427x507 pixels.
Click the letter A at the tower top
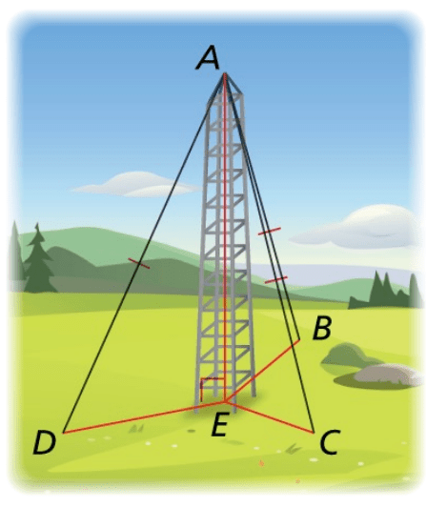tap(208, 58)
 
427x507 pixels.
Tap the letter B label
tap(322, 328)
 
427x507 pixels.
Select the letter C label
tap(330, 442)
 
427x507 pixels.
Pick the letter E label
tap(220, 424)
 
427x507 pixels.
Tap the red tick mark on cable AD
tap(139, 263)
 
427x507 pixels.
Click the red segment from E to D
tap(144, 417)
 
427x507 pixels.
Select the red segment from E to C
tap(269, 417)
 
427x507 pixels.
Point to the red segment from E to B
tap(262, 371)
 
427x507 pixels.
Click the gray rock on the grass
tap(387, 375)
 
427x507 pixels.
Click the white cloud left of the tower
tap(136, 185)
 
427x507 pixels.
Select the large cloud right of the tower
tap(359, 228)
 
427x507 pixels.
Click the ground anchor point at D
tap(64, 433)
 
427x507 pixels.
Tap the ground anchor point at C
tap(314, 433)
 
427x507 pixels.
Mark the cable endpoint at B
tap(300, 339)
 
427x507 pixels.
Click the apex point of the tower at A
tap(224, 74)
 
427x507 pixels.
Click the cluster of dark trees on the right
tap(385, 291)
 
